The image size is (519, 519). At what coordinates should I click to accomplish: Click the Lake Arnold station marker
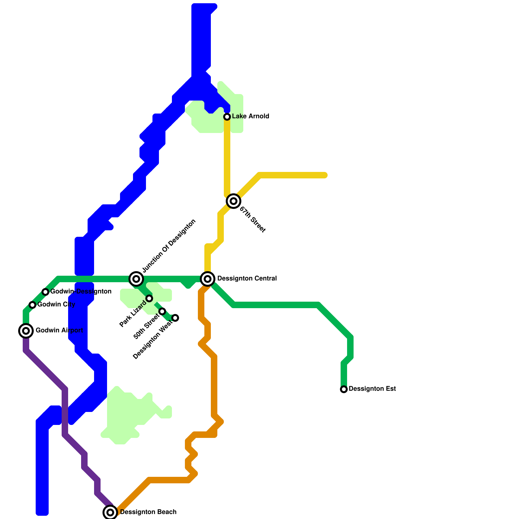tap(227, 116)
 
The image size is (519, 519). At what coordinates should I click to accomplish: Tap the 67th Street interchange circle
tap(234, 201)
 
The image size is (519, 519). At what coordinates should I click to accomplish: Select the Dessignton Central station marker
tap(208, 279)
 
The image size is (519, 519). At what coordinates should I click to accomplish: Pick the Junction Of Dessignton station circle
tap(136, 279)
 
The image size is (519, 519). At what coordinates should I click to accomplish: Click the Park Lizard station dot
tap(149, 298)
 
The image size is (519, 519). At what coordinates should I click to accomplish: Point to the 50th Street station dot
tap(162, 311)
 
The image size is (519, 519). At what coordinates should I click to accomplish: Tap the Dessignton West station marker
tap(175, 318)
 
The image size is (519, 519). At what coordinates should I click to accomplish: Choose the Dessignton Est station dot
tap(344, 389)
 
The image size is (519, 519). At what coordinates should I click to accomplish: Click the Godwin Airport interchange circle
tap(26, 331)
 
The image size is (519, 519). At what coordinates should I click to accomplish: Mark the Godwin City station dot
tap(32, 305)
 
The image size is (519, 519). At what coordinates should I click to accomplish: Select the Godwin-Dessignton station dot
tap(45, 292)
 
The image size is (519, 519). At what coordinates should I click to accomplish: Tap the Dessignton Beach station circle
tap(110, 513)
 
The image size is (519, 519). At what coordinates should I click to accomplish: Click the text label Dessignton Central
tap(247, 279)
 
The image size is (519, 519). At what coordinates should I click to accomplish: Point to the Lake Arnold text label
tap(250, 116)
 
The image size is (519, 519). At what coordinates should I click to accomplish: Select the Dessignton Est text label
tap(372, 389)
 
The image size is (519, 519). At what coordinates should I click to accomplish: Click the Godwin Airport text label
tap(59, 331)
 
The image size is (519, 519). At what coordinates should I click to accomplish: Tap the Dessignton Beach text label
tap(148, 512)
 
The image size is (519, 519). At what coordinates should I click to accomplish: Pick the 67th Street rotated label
tap(252, 220)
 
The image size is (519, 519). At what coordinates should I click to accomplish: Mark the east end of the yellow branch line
tap(325, 175)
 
